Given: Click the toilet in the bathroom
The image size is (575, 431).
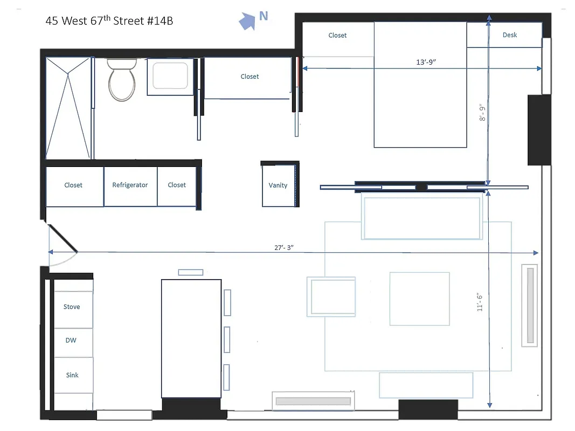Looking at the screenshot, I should click(122, 81).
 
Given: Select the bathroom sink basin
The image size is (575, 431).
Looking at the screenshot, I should click(170, 76).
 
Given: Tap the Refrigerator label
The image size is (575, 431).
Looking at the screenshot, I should click(130, 185).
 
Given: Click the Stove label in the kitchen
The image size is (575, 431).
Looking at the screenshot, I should click(72, 307).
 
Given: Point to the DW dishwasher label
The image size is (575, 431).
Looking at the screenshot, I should click(71, 340).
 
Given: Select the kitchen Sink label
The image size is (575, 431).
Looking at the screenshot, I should click(72, 375).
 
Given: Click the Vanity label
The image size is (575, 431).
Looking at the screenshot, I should click(278, 185).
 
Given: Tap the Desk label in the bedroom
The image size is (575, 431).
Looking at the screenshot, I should click(509, 35).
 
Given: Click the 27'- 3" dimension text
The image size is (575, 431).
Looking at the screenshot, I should click(283, 248).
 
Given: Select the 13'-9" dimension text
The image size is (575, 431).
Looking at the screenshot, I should click(426, 62).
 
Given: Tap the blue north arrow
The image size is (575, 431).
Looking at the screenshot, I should click(247, 22).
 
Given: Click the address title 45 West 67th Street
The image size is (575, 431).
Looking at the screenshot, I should click(109, 21).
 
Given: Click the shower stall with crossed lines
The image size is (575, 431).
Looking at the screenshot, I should click(68, 108).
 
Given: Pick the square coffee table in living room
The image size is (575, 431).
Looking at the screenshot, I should click(419, 299).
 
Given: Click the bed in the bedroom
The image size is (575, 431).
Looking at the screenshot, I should click(420, 85).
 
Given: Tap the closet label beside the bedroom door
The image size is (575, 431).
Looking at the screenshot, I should click(250, 77).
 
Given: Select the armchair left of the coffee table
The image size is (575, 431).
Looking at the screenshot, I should click(331, 296).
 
